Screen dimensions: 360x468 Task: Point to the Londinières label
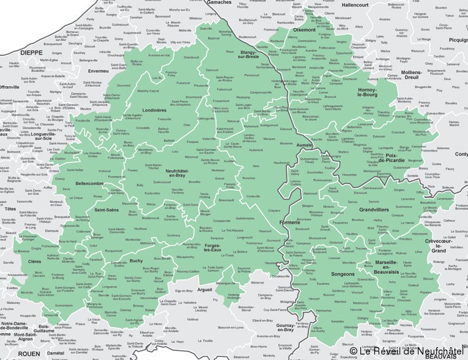pos(155,111)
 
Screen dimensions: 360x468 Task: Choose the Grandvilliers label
pos(373,210)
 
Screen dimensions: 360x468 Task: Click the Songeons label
pos(343,274)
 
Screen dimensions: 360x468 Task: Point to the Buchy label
pos(136,261)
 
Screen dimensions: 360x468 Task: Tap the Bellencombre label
pos(89,183)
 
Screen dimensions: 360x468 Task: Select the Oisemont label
pos(304,29)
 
